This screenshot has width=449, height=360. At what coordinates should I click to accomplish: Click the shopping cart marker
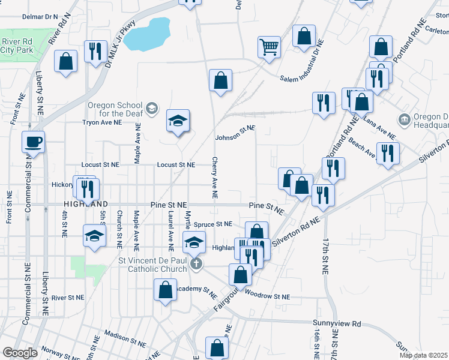click(270, 46)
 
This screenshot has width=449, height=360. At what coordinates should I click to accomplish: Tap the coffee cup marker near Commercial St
click(33, 142)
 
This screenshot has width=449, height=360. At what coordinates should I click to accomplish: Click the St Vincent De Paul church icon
click(194, 263)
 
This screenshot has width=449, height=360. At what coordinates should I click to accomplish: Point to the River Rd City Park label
click(17, 46)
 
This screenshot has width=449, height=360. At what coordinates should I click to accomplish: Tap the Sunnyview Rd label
click(340, 323)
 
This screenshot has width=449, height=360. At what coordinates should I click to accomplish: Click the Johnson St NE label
click(235, 132)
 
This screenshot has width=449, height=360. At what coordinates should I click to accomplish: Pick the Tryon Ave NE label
click(103, 122)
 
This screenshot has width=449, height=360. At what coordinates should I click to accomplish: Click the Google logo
click(20, 353)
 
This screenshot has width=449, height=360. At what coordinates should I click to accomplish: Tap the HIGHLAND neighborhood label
click(92, 204)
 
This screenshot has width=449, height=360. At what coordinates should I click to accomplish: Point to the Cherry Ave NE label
click(214, 178)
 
